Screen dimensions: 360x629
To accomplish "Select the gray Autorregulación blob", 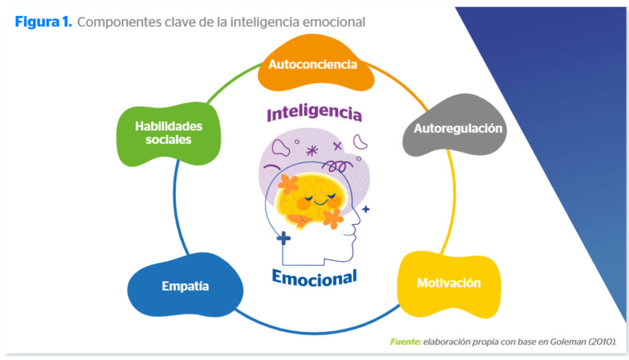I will pos(458,128).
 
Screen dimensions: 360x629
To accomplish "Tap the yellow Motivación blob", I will pos(448,283).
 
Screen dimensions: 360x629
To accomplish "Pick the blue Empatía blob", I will pos(185,286).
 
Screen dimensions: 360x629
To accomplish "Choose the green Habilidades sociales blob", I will pos(168,133).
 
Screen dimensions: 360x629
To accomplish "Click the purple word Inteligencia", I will pos(314,114).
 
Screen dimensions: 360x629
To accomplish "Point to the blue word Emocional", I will pos(314,278).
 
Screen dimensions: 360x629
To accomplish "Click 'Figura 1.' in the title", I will pos(44,23).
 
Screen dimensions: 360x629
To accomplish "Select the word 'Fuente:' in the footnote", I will pos(405,342).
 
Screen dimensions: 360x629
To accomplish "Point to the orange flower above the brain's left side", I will pos(287,182).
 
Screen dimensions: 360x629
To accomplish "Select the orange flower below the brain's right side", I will pos(332,218).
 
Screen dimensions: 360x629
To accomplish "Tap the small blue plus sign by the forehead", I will pos(366,209).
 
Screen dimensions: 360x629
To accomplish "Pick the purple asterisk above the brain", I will pos(312,150).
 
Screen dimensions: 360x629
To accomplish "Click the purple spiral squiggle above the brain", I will pos(336,165).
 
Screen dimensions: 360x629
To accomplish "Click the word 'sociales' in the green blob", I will pos(168,140).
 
